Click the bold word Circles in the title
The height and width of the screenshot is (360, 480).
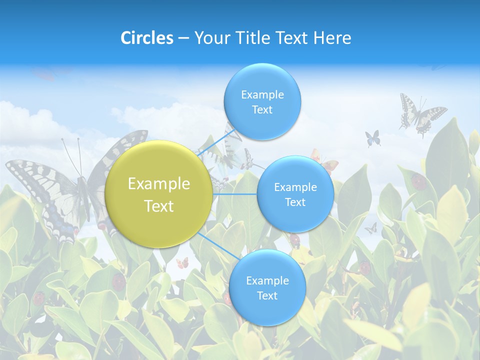(147, 38)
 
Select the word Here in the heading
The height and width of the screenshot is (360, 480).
(332, 38)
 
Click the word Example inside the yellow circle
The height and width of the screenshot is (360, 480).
(159, 184)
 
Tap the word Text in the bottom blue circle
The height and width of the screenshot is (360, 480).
(267, 296)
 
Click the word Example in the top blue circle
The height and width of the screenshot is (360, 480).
(262, 95)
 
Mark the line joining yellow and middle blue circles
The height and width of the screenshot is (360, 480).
(235, 194)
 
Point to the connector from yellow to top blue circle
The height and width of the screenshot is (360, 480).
(212, 145)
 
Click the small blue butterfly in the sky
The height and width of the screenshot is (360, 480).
(372, 138)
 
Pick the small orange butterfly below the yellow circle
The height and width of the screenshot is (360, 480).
(182, 262)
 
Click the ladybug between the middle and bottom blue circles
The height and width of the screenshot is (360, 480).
(295, 240)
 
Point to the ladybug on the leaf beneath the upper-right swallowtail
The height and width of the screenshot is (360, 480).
(419, 181)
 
